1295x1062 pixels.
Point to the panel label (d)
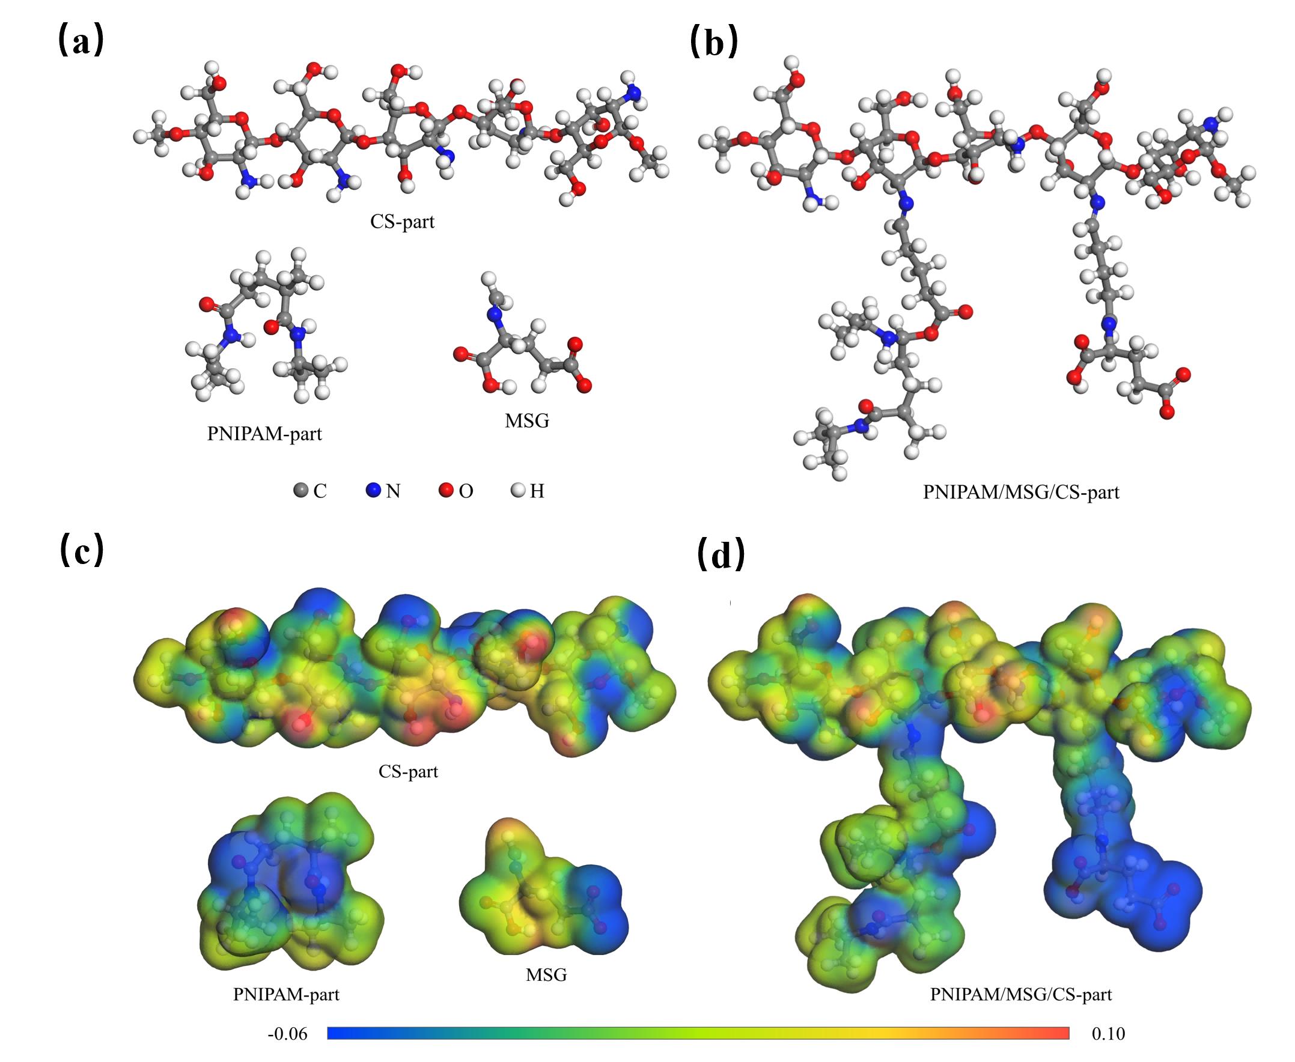pyautogui.click(x=721, y=555)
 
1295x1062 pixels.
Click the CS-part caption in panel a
pyautogui.click(x=402, y=222)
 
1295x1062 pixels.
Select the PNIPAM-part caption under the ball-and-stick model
pyautogui.click(x=264, y=434)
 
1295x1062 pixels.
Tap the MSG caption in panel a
pyautogui.click(x=527, y=421)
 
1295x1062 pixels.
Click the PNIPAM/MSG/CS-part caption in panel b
pyautogui.click(x=1021, y=493)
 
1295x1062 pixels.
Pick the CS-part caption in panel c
pyautogui.click(x=408, y=771)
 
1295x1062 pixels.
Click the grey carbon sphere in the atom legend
pyautogui.click(x=300, y=491)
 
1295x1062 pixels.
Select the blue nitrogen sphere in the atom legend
pyautogui.click(x=373, y=491)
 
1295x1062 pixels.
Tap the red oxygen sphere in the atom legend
pyautogui.click(x=445, y=491)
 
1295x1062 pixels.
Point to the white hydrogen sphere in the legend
pyautogui.click(x=519, y=491)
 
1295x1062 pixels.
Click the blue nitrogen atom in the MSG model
pyautogui.click(x=495, y=314)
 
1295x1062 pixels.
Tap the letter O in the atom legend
pyautogui.click(x=466, y=491)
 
